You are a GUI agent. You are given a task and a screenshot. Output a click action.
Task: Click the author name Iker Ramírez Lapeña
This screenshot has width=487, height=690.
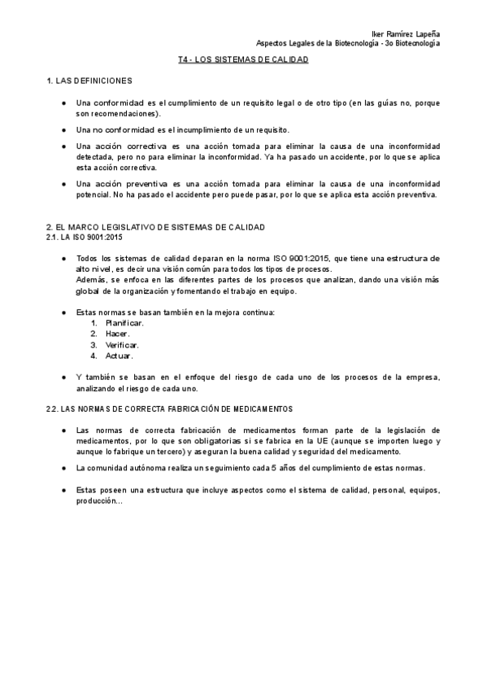[x=405, y=33]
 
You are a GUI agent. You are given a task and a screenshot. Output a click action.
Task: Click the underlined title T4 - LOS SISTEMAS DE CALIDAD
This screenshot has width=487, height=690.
[x=243, y=60]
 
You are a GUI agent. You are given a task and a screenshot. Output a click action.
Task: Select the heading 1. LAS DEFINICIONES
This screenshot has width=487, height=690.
[x=89, y=82]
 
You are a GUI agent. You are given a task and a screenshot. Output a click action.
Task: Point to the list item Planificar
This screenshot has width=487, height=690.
[x=124, y=323]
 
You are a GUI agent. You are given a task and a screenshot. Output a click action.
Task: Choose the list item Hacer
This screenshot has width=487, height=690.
[x=118, y=334]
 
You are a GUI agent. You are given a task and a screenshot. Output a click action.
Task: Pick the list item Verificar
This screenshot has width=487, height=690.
[x=122, y=344]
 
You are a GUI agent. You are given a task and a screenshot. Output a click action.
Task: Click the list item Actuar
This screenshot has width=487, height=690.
[x=120, y=356]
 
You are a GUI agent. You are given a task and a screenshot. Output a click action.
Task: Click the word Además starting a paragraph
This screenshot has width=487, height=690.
[x=90, y=279]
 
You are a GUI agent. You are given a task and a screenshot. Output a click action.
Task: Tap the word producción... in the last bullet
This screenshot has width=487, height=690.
[x=98, y=500]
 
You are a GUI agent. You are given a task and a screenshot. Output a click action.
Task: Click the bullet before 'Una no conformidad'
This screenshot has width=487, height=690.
[x=64, y=129]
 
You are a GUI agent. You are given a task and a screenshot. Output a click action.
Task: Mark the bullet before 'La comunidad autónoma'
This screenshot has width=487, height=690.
[x=64, y=468]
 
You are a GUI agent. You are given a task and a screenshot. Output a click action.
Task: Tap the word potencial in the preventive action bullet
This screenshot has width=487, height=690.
[x=93, y=194]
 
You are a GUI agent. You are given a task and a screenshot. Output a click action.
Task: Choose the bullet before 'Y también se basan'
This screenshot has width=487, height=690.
[x=64, y=378]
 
